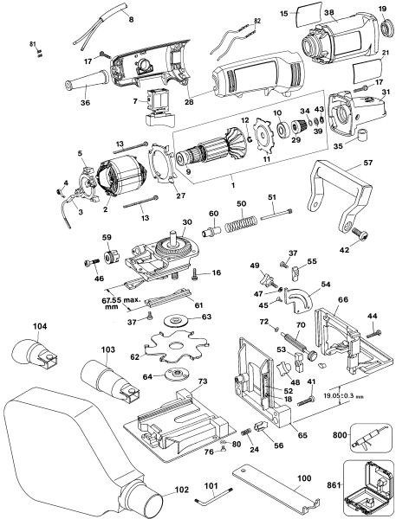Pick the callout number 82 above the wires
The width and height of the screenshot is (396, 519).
pyautogui.click(x=256, y=19)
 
